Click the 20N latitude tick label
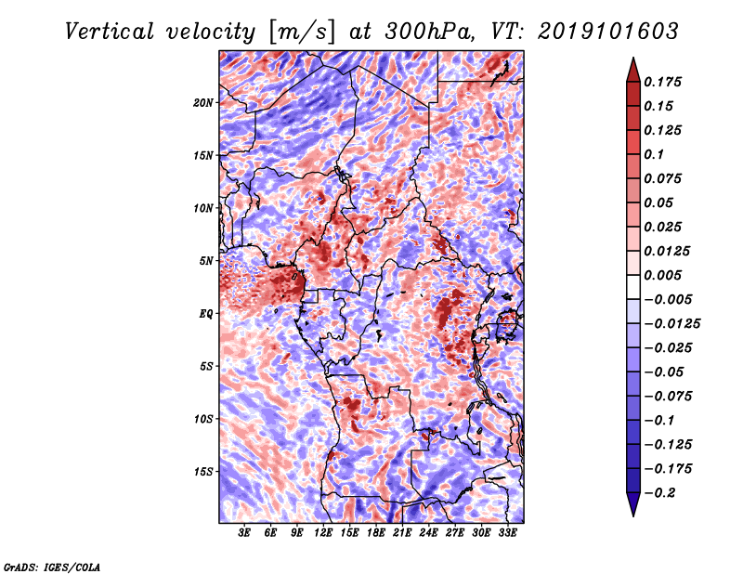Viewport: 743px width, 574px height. point(203,103)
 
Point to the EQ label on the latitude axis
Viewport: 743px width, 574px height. point(206,314)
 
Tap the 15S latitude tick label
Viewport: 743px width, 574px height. point(203,472)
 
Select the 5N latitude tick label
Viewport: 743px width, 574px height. point(206,261)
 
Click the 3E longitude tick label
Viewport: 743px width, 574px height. point(244,533)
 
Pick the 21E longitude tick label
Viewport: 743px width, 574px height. point(402,533)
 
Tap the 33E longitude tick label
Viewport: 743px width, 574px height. point(507,533)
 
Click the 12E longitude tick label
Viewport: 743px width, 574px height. point(323,533)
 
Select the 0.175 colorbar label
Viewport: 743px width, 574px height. point(662,82)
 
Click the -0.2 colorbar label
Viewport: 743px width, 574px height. point(659,493)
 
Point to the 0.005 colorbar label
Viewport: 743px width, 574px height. point(662,275)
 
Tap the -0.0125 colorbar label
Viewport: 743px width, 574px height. point(671,324)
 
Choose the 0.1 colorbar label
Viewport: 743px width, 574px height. point(654,154)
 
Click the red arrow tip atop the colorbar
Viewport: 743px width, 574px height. point(633,59)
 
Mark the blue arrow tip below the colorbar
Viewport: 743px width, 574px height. point(633,515)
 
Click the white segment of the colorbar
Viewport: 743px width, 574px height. point(633,287)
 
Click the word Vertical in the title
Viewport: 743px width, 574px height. point(110,32)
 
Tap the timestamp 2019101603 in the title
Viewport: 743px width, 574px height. point(608,32)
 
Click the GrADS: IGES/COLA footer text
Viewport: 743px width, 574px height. point(52,567)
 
